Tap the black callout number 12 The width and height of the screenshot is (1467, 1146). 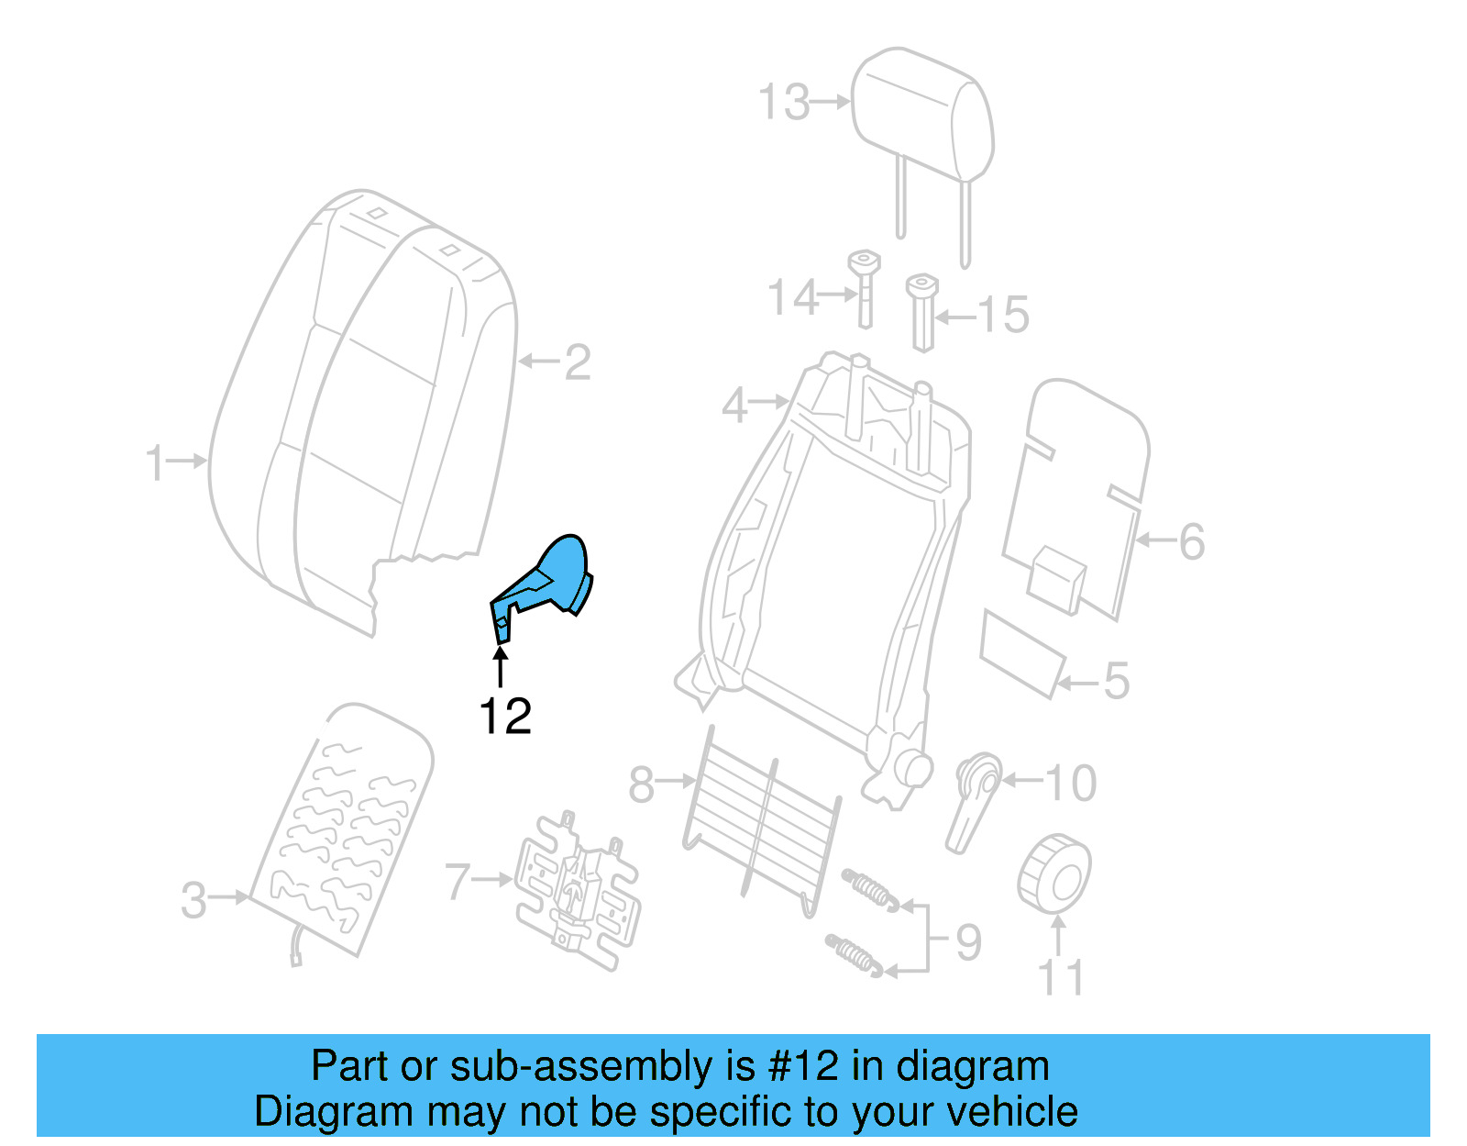click(x=505, y=717)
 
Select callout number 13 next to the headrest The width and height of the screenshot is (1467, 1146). click(x=785, y=102)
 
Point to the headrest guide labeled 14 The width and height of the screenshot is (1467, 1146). click(x=864, y=289)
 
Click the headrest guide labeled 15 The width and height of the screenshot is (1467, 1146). click(x=922, y=312)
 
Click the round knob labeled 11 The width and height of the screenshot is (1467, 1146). click(x=1054, y=873)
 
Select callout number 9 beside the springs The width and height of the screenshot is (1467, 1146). click(x=968, y=942)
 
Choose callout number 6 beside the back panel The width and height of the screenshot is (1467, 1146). click(x=1191, y=541)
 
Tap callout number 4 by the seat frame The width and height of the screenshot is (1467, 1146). click(x=734, y=406)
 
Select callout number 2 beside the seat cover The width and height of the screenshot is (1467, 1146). click(x=577, y=362)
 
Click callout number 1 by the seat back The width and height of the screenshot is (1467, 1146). click(x=156, y=462)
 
